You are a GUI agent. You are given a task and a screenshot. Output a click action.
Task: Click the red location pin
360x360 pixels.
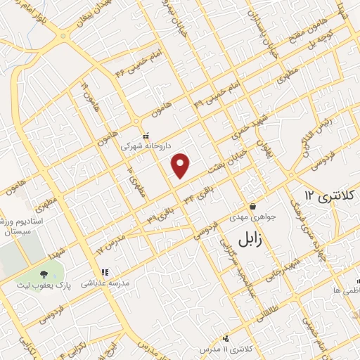pos(181,165)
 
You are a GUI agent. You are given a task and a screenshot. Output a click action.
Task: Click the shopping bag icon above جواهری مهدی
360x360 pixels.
pos(252,205)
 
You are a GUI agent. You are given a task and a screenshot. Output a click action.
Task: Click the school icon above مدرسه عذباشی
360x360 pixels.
pos(105,272)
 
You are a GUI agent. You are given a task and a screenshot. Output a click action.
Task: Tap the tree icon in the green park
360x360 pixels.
pos(44,274)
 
